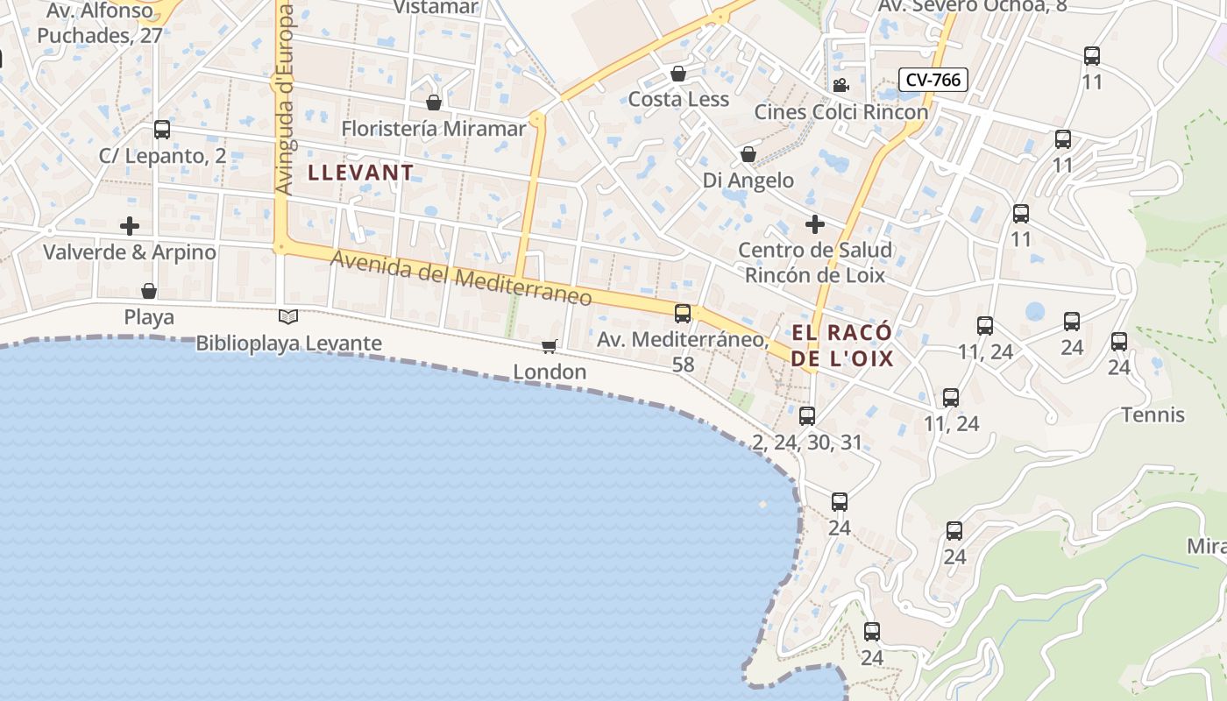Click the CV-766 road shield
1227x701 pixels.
click(934, 80)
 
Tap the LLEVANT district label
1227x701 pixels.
click(360, 173)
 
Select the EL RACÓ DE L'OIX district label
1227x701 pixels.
click(841, 345)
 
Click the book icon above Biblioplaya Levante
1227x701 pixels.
click(288, 316)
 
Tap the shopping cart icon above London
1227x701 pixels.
click(550, 346)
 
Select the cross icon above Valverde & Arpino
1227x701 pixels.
click(130, 226)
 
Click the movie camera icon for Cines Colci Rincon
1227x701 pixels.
click(840, 85)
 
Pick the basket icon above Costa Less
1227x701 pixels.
click(677, 73)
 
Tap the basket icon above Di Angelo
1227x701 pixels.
click(748, 154)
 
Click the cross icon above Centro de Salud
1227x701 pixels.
click(815, 224)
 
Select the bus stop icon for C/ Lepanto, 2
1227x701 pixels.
click(162, 130)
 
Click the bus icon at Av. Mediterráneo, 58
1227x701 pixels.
click(683, 313)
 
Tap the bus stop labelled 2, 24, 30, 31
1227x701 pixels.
click(807, 416)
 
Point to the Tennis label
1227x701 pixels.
click(1153, 414)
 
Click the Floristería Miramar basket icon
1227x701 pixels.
click(433, 103)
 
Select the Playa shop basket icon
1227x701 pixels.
click(149, 291)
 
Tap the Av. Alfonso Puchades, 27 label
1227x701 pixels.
click(100, 24)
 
